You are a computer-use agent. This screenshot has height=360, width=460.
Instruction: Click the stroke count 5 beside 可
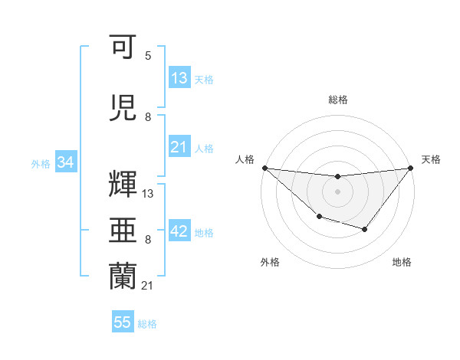point(148,56)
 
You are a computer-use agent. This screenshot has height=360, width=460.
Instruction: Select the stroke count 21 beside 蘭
point(148,286)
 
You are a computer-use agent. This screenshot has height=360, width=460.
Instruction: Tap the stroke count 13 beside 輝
point(148,194)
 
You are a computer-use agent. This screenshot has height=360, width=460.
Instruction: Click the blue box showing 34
point(65,162)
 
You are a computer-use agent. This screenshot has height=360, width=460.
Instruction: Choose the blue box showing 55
point(123,322)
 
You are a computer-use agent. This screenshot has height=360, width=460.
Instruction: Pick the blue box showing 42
point(179,231)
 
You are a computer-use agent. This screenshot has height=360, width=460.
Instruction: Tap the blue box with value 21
point(179,147)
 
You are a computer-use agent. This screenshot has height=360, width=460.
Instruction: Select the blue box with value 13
point(179,78)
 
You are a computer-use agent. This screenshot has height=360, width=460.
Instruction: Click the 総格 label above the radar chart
point(337,100)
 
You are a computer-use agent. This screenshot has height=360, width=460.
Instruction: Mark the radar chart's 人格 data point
point(264,168)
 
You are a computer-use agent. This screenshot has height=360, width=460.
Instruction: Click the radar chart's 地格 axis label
point(402,263)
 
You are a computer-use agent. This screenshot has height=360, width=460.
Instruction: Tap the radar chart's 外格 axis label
point(270,263)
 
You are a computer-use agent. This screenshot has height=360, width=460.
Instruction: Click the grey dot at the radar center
point(337,191)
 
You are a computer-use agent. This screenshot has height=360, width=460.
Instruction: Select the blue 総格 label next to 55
point(147,324)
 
